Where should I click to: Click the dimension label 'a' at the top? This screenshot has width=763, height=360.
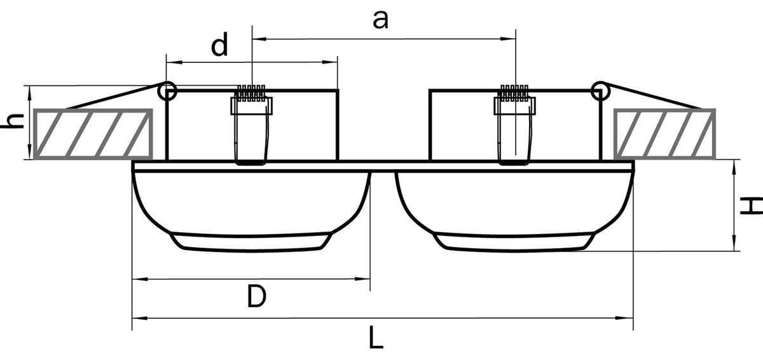[380, 20]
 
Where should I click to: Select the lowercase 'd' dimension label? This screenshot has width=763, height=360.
[219, 45]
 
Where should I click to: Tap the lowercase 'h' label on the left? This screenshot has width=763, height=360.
[12, 121]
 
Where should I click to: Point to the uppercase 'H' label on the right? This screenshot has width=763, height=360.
[752, 205]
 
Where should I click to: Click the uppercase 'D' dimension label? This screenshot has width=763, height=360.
[256, 296]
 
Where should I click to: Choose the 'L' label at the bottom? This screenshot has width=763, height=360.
[376, 338]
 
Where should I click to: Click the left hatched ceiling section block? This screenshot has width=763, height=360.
[93, 134]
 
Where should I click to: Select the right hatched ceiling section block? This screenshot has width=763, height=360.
[664, 134]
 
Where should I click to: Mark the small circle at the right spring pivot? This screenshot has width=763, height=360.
[600, 90]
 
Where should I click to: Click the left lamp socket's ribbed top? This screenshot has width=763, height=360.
[251, 93]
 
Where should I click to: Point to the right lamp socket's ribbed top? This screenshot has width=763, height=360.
[514, 93]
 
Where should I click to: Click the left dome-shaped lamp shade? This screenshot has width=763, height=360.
[251, 211]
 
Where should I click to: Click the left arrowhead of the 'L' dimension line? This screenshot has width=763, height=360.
[140, 318]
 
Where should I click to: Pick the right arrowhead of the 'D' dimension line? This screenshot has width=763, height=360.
[362, 279]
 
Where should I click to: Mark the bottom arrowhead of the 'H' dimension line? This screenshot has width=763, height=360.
[734, 243]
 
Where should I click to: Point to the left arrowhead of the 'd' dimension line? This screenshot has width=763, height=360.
[174, 62]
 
